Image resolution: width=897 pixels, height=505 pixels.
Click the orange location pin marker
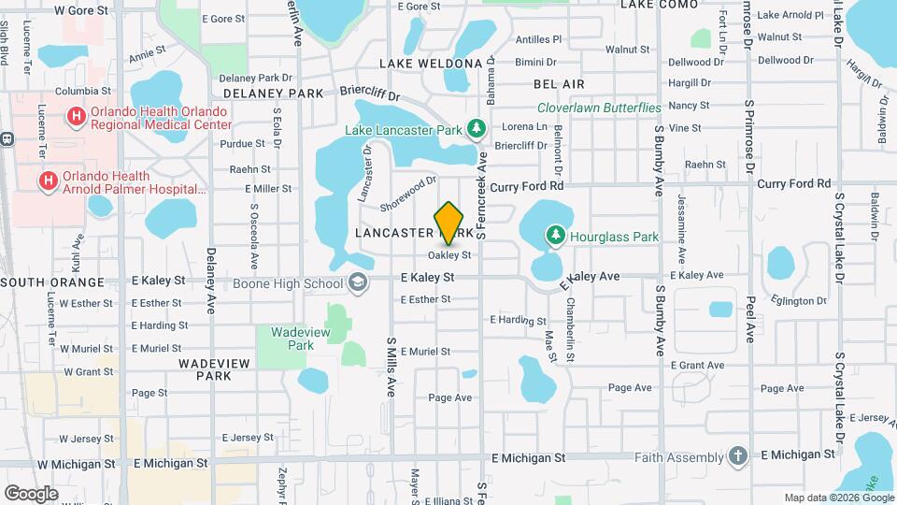(x=448, y=223)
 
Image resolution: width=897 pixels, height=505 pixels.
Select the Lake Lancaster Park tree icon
(x=476, y=126)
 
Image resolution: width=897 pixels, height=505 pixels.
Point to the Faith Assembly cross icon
(x=738, y=455)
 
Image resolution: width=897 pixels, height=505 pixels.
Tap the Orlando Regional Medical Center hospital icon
(x=75, y=117)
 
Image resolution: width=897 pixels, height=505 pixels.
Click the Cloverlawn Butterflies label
(x=599, y=109)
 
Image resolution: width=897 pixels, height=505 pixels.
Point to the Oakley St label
(x=448, y=254)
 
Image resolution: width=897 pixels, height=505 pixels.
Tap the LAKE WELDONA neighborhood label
(x=431, y=63)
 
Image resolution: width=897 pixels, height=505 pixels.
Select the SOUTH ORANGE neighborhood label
(x=52, y=282)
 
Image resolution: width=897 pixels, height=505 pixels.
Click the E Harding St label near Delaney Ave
(x=156, y=325)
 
